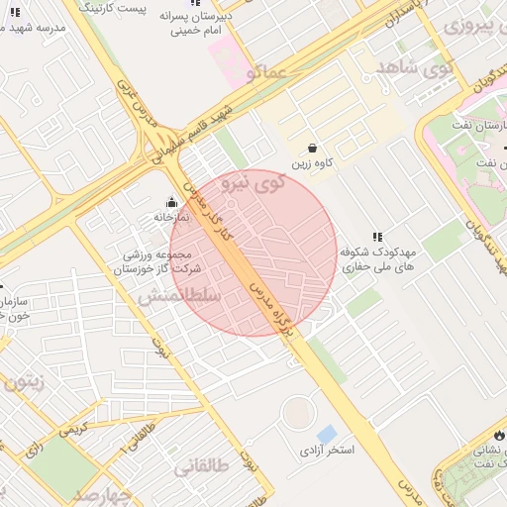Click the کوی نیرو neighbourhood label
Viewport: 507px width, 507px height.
[253, 182]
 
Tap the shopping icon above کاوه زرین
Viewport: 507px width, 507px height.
[312, 148]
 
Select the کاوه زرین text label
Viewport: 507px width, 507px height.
[312, 163]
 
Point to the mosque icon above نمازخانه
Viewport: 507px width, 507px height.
[170, 201]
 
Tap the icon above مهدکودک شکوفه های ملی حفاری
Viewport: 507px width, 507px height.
[376, 237]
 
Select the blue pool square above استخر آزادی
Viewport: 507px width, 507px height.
[326, 434]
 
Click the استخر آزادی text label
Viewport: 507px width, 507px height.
[327, 452]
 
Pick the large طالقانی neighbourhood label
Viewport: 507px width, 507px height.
[202, 466]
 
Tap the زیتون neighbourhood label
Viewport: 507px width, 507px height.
[25, 382]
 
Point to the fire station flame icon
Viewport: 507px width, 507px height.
[498, 435]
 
